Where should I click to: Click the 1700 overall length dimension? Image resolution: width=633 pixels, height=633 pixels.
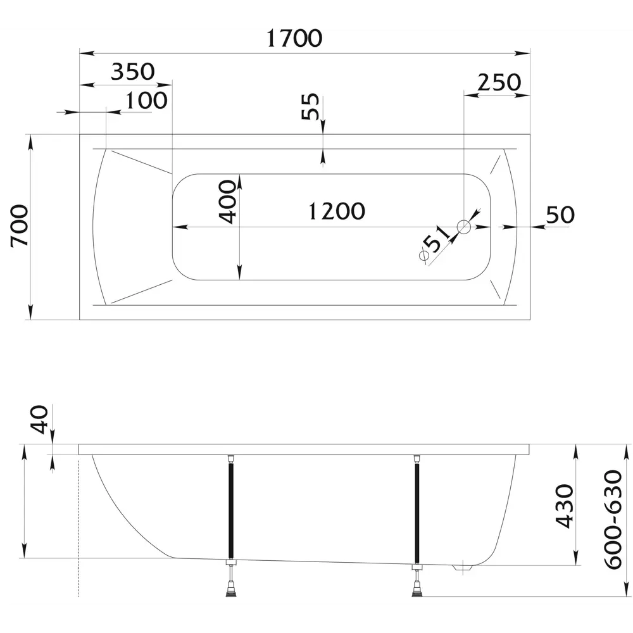coord(294,39)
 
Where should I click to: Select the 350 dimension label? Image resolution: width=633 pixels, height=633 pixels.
coord(133,72)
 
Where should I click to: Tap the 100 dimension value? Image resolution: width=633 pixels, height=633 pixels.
coord(146,101)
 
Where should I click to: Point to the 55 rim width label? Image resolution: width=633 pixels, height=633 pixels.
coord(310,106)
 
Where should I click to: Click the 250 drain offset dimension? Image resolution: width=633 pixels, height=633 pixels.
coord(499,82)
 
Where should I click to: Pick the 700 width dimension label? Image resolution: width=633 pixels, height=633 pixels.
coord(20,226)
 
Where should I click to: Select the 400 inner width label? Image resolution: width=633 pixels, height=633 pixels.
coord(227,202)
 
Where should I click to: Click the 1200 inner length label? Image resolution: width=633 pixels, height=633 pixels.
coord(336,211)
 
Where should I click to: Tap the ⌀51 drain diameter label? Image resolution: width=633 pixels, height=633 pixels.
coord(434,244)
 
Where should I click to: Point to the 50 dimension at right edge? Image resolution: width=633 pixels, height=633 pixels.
coord(560,215)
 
